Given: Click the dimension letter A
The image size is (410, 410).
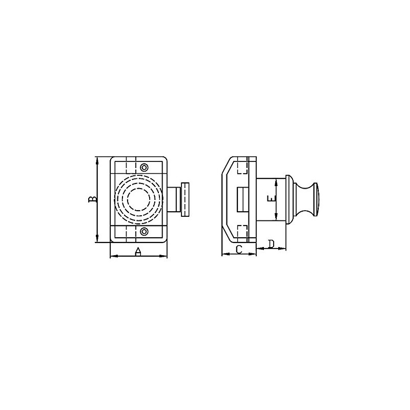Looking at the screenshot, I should pyautogui.click(x=138, y=251).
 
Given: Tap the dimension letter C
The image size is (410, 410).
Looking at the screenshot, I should pyautogui.click(x=238, y=249).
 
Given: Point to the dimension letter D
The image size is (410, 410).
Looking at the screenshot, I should pyautogui.click(x=271, y=243).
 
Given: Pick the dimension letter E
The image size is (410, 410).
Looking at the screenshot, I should pyautogui.click(x=272, y=199).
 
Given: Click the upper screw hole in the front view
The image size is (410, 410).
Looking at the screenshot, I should pyautogui.click(x=145, y=168).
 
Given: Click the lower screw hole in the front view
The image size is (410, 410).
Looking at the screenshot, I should pyautogui.click(x=145, y=232).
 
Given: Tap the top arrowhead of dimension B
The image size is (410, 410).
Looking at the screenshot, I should pyautogui.click(x=97, y=159).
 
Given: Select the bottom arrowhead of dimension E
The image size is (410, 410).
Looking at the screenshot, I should pyautogui.click(x=277, y=219).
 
